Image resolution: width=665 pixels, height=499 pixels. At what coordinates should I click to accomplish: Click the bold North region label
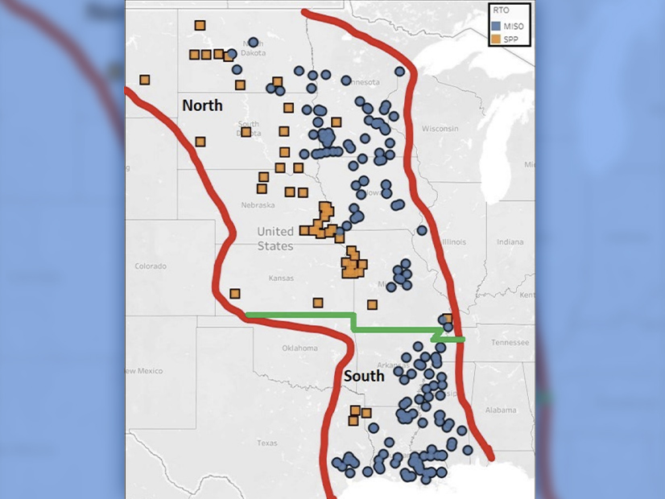click(202, 105)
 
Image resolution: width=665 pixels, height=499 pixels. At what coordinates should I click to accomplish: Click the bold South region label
click(363, 376)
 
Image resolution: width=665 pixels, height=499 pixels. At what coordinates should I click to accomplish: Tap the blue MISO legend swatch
click(496, 26)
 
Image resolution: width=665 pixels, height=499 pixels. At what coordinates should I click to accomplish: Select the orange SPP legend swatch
click(496, 38)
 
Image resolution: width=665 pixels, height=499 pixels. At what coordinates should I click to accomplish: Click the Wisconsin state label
click(440, 129)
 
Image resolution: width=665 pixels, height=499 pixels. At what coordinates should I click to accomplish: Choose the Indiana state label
click(509, 241)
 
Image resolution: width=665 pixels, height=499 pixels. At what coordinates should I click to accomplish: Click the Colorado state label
click(151, 266)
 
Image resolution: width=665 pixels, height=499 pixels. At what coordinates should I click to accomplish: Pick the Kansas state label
click(282, 278)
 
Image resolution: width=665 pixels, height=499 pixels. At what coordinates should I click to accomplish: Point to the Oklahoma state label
click(299, 348)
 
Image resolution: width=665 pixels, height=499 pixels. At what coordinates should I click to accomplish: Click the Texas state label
click(266, 443)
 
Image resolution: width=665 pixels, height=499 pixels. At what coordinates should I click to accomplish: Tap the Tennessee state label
click(510, 342)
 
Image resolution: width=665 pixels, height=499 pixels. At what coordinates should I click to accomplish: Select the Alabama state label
click(501, 410)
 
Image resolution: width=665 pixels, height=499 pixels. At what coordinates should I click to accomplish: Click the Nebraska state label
click(258, 205)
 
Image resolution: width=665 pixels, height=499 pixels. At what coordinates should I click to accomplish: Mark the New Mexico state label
click(143, 370)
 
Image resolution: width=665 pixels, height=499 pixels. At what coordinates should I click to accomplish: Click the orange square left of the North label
click(145, 80)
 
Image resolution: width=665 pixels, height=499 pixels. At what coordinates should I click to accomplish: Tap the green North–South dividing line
click(298, 315)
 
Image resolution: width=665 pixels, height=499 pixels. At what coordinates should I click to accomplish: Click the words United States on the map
click(275, 238)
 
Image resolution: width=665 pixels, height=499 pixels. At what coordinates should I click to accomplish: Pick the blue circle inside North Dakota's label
click(253, 42)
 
